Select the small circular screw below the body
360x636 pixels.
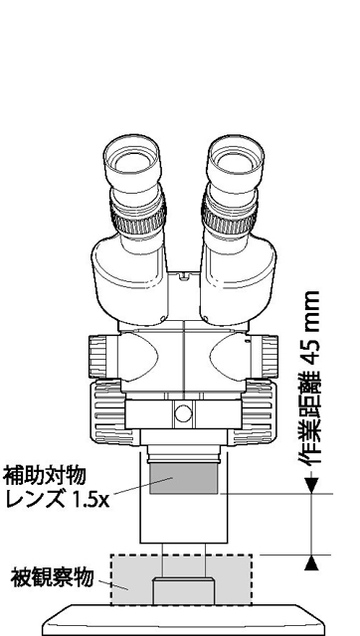pyautogui.click(x=182, y=412)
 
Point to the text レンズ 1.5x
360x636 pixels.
pyautogui.click(x=57, y=499)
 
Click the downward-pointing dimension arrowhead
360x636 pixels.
pyautogui.click(x=310, y=485)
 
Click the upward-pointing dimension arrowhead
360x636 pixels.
pyautogui.click(x=310, y=562)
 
